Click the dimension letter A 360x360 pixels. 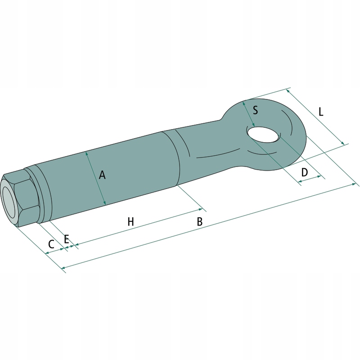(102, 175)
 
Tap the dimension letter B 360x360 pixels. (200, 221)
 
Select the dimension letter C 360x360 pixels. (51, 244)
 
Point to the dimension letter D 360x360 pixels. (305, 172)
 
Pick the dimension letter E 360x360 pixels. (66, 239)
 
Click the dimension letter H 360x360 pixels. (130, 222)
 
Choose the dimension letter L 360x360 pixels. (321, 112)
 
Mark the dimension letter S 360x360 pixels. (255, 110)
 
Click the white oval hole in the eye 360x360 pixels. (263, 134)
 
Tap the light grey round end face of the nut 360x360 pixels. (9, 202)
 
